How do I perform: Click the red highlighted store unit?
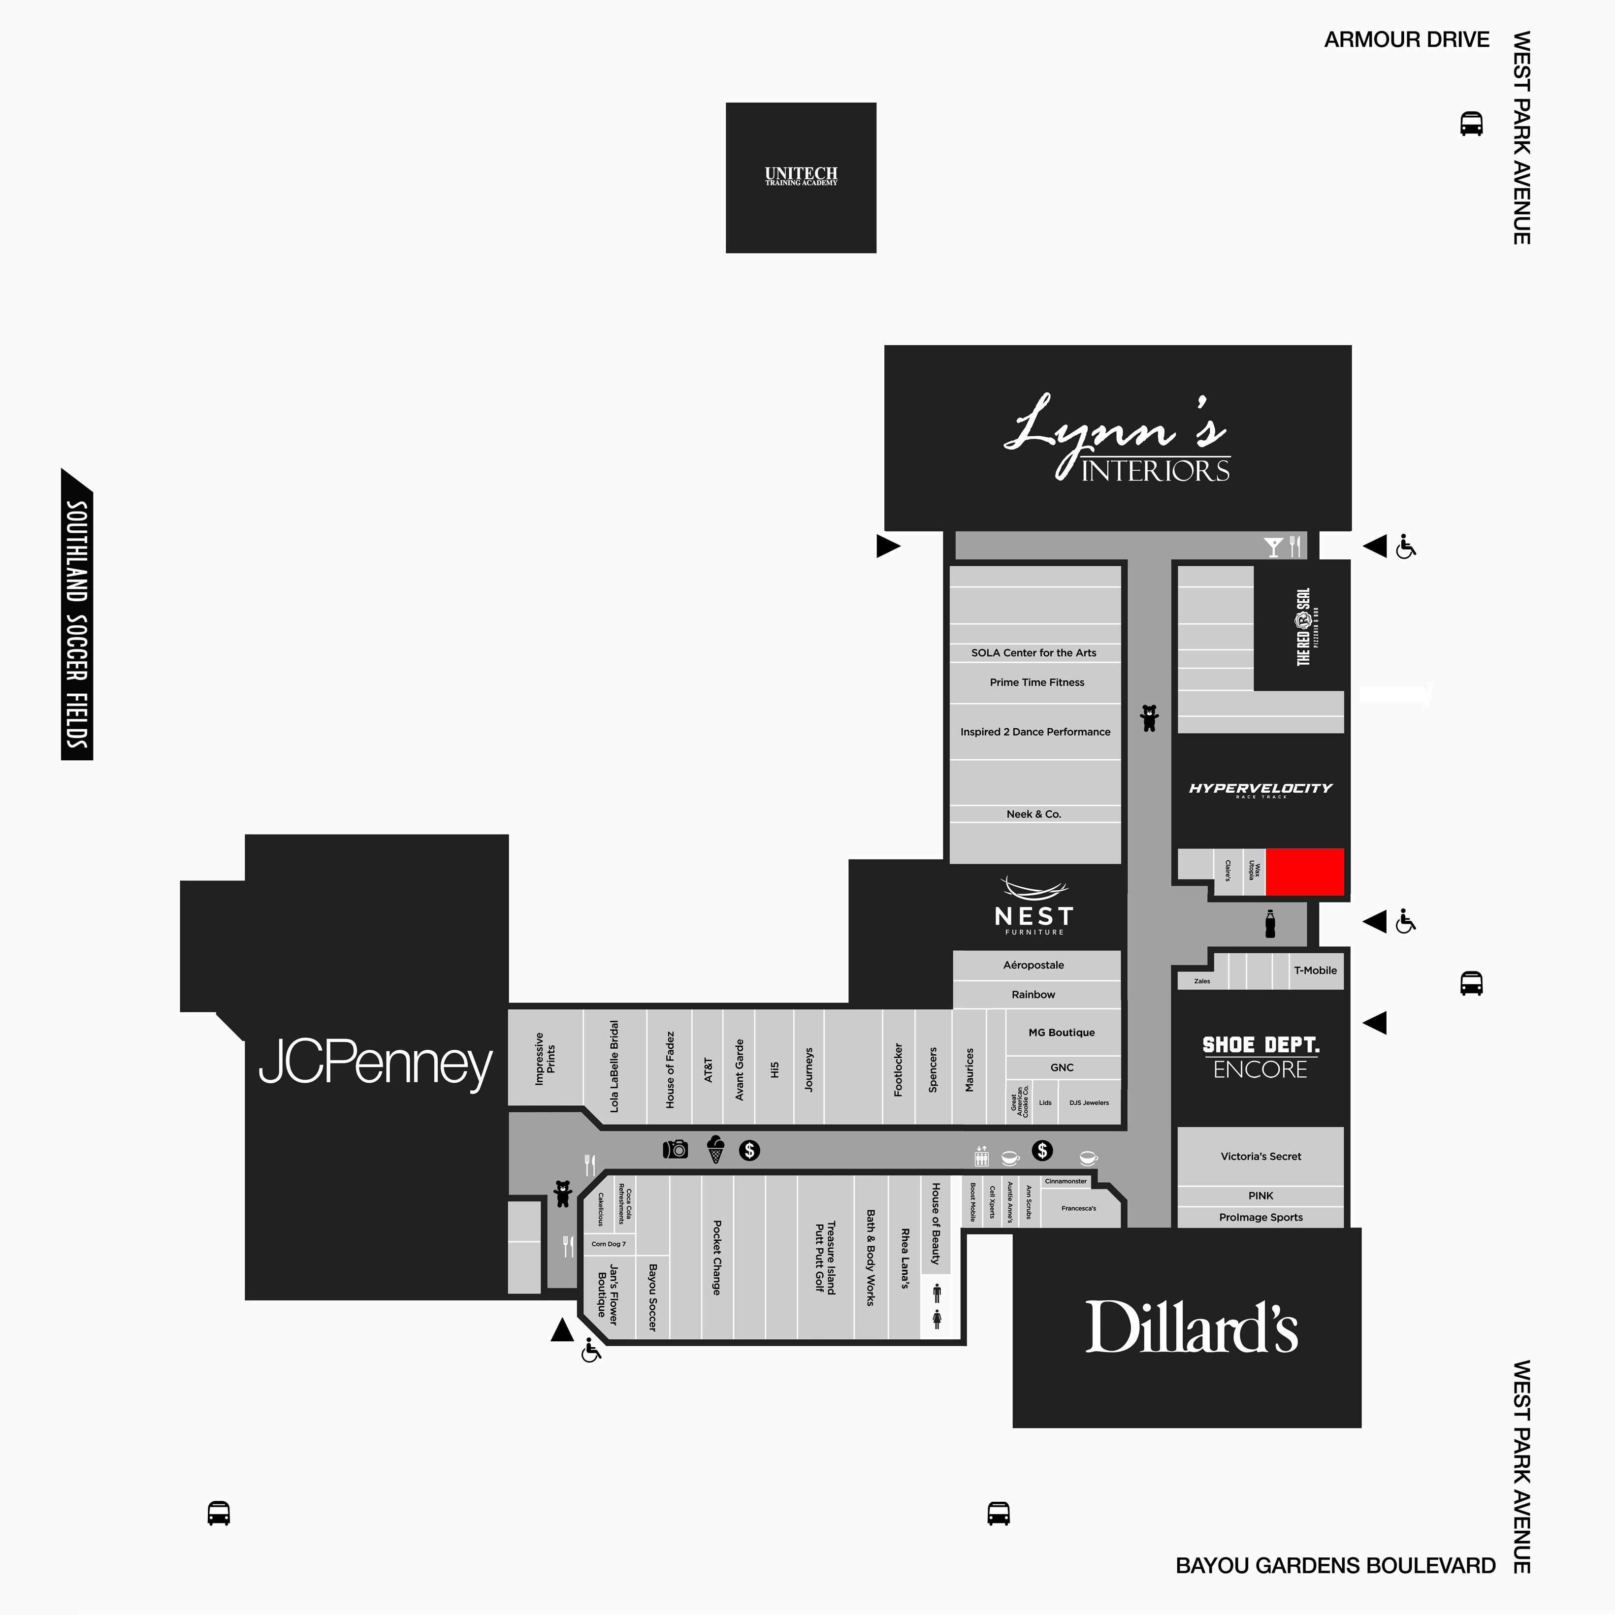[x=1304, y=872]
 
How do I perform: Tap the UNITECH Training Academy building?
[x=800, y=177]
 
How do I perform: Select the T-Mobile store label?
[x=1315, y=970]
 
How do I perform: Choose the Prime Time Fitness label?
[x=1036, y=682]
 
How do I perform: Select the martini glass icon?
[x=1273, y=547]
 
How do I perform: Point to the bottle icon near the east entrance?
[x=1270, y=924]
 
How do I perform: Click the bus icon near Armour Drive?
[x=1471, y=124]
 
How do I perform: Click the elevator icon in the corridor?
[x=981, y=1156]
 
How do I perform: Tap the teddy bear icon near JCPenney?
[x=563, y=1193]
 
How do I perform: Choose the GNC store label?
[x=1062, y=1067]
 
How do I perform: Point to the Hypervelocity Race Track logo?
[x=1260, y=789]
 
